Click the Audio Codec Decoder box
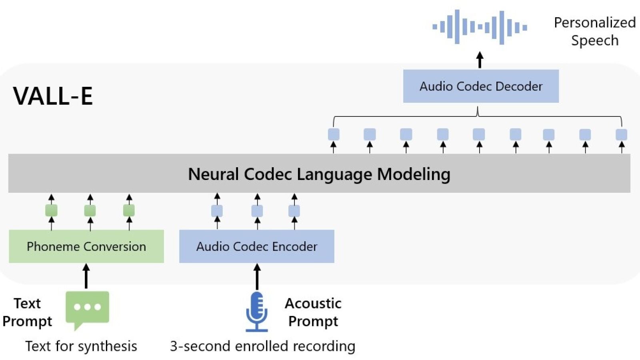[x=481, y=86]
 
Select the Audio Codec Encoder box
[x=256, y=246]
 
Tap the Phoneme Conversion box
[x=86, y=246]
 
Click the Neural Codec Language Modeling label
[x=319, y=174]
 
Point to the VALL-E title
[x=53, y=96]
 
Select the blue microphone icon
[x=257, y=312]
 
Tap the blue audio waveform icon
[x=480, y=27]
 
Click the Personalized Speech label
[x=594, y=31]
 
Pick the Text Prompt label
[x=27, y=312]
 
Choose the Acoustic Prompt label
[x=313, y=312]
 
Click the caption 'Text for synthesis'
[x=81, y=346]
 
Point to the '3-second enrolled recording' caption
[x=262, y=346]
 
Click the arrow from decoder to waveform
[x=480, y=60]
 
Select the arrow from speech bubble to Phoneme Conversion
[x=86, y=276]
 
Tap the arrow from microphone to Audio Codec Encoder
[x=257, y=276]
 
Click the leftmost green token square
[x=51, y=210]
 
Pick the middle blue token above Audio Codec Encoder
[x=257, y=211]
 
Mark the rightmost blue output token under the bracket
[x=621, y=134]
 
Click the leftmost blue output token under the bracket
[x=334, y=134]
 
